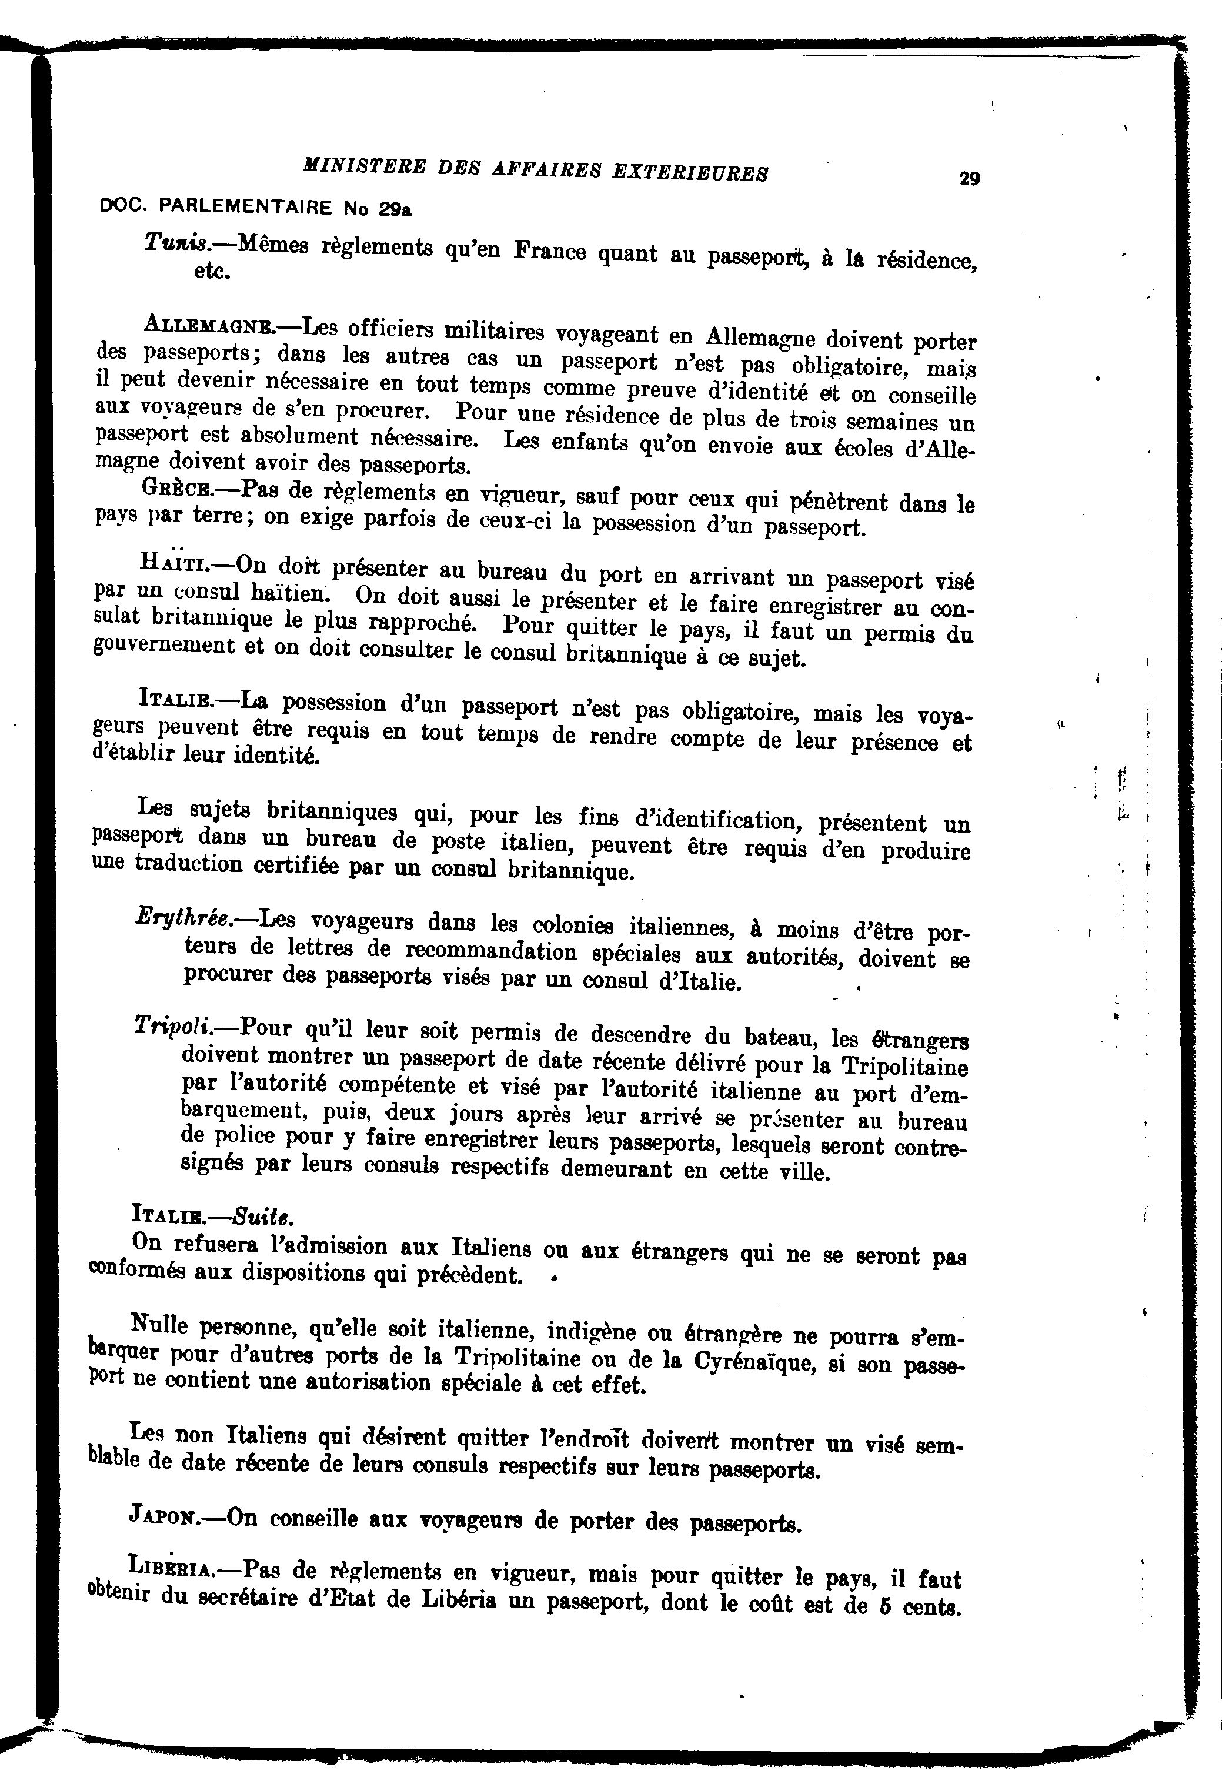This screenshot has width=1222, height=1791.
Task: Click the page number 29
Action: [970, 179]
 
